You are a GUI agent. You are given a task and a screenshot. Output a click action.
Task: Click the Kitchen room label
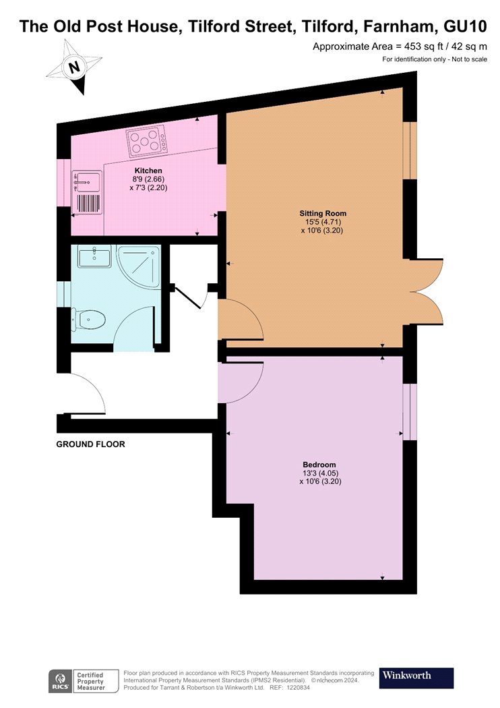tap(148, 171)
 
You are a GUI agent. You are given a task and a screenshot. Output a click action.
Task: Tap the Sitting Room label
tap(323, 214)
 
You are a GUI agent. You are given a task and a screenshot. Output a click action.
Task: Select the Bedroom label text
tap(319, 465)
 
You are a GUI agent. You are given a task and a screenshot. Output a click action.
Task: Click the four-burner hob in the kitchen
tap(146, 142)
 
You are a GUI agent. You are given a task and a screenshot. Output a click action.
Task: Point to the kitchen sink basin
tap(86, 182)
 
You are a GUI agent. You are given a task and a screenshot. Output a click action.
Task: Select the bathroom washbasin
tap(94, 256)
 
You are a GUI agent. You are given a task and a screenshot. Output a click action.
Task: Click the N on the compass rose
tap(74, 67)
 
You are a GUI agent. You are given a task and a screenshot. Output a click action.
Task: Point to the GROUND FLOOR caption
tap(90, 444)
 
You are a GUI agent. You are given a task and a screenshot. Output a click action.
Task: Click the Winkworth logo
tap(416, 678)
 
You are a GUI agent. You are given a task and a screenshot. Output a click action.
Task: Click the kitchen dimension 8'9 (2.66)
tap(148, 179)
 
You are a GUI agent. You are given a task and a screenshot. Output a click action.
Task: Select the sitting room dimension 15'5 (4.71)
tap(323, 222)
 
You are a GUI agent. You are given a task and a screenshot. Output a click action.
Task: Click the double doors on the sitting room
tap(427, 292)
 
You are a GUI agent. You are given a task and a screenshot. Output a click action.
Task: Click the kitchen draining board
tap(88, 203)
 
